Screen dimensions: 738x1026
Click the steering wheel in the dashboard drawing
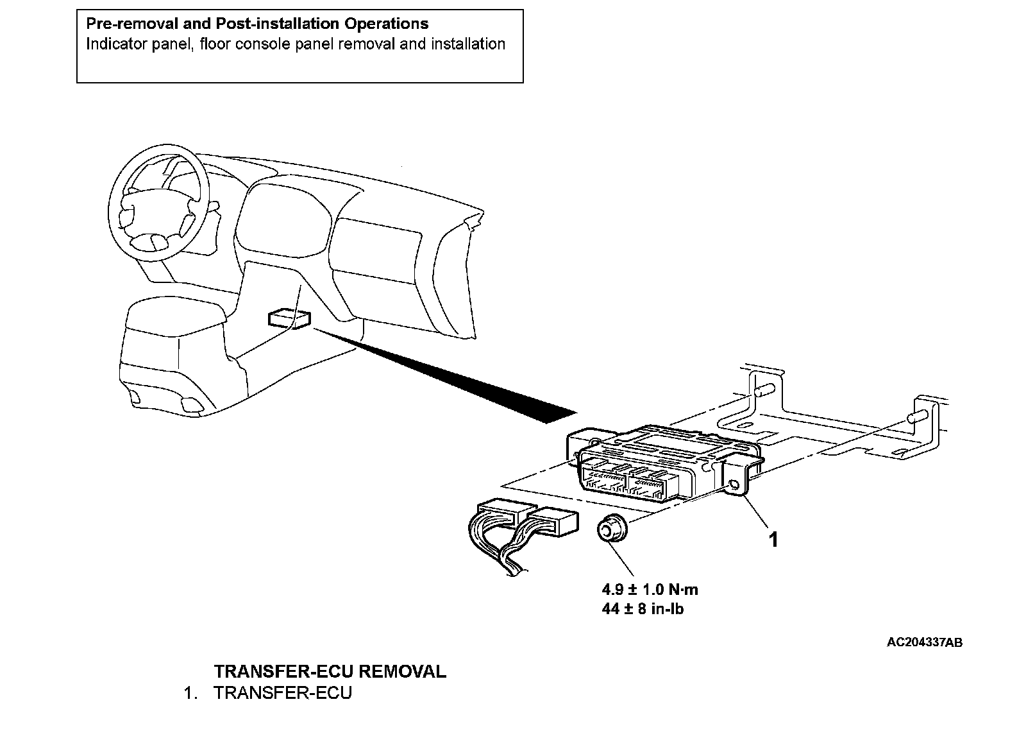pyautogui.click(x=160, y=199)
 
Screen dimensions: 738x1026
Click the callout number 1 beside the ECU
pyautogui.click(x=773, y=540)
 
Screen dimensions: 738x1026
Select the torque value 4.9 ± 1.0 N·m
pyautogui.click(x=649, y=589)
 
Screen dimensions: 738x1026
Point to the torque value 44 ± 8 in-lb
pyautogui.click(x=643, y=608)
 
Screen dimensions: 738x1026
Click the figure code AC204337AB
pyautogui.click(x=924, y=642)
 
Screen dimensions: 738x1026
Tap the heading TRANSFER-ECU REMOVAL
pyautogui.click(x=330, y=671)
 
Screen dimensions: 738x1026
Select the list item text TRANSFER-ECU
pyautogui.click(x=283, y=693)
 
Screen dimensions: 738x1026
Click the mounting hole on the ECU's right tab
pyautogui.click(x=734, y=485)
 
